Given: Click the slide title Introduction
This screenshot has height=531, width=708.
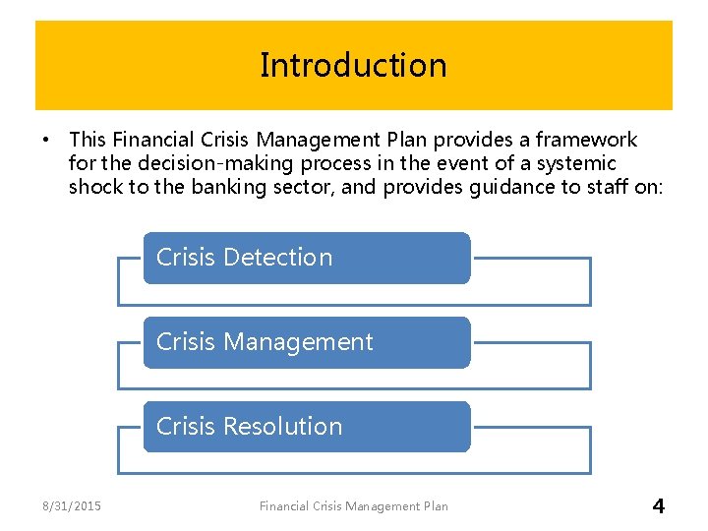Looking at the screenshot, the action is [353, 65].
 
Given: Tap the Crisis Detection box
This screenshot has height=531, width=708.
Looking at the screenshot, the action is [307, 258].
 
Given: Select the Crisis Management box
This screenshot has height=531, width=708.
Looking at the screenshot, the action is [307, 342].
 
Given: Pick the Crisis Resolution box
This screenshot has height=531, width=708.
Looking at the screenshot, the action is [307, 427].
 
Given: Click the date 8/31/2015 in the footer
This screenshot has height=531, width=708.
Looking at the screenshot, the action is [71, 506].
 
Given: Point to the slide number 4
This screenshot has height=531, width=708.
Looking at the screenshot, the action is [658, 506].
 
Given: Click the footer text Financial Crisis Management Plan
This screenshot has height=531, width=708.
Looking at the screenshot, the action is [353, 506].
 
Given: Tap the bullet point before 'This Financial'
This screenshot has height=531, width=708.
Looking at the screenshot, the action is [47, 141].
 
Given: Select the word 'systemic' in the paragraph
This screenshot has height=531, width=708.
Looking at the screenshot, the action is [579, 163].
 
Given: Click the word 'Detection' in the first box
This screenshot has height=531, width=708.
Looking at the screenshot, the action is [278, 258].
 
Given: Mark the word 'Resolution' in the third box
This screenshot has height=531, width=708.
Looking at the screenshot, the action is [283, 427].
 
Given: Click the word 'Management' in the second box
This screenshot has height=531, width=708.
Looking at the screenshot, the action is [299, 342].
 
